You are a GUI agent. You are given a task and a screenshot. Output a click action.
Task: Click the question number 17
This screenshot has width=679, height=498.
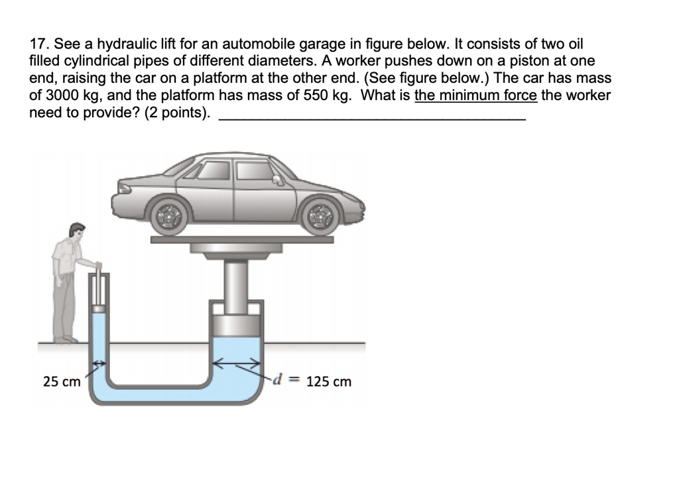39,45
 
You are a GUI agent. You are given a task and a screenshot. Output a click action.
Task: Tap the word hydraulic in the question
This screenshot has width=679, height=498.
127,45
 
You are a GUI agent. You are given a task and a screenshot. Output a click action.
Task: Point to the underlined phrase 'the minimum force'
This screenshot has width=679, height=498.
475,95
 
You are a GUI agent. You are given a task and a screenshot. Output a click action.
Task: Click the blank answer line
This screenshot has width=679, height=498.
371,117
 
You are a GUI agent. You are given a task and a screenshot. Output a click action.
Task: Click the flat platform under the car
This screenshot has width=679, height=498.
242,239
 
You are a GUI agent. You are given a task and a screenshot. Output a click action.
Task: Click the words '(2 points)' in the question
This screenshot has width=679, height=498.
178,112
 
